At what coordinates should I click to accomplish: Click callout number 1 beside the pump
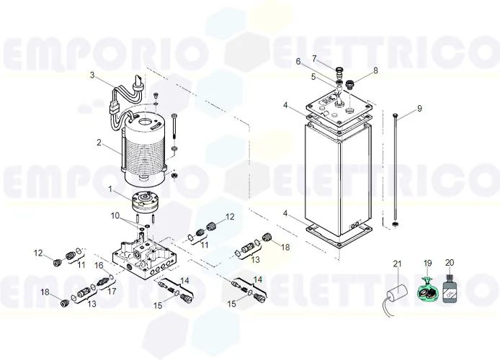click(x=110, y=189)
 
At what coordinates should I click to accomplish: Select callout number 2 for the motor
click(x=99, y=143)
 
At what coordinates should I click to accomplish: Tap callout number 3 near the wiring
click(x=92, y=74)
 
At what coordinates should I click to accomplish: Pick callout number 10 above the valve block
click(x=115, y=216)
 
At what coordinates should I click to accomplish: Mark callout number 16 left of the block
click(x=99, y=266)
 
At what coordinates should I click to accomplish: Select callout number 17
click(x=111, y=292)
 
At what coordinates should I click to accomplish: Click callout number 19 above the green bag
click(x=427, y=264)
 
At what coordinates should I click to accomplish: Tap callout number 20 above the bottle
click(x=450, y=264)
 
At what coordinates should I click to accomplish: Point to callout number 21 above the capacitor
click(x=396, y=264)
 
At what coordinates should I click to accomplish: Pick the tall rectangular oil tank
click(x=337, y=180)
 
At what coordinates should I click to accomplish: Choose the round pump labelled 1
click(x=148, y=202)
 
